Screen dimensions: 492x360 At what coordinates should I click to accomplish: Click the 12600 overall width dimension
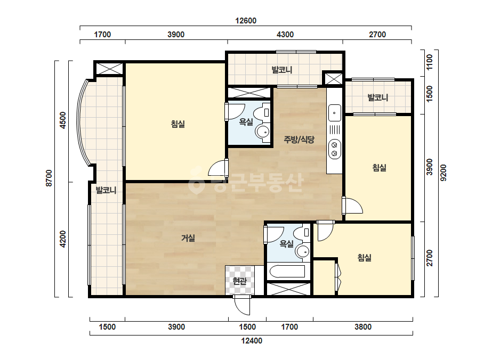246,21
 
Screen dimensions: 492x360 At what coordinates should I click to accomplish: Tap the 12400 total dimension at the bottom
252,341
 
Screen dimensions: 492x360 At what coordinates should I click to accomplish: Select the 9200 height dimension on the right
443,173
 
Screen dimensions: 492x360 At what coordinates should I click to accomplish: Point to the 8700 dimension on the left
49,178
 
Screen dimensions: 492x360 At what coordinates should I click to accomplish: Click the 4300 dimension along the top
285,35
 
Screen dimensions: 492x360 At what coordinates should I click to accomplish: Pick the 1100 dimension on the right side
430,62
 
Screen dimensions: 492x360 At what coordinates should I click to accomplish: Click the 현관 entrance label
240,281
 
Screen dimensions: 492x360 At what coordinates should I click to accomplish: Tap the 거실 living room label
188,238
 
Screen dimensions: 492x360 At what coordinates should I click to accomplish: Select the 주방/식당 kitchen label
299,139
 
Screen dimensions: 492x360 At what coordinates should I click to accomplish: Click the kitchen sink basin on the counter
334,112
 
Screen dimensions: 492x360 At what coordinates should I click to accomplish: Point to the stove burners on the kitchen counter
334,149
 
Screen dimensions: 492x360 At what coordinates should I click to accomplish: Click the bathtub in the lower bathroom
287,272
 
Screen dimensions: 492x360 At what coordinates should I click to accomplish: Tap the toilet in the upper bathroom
262,113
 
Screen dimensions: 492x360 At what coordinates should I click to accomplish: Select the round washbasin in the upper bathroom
262,132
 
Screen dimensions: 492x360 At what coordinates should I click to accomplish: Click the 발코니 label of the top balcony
282,70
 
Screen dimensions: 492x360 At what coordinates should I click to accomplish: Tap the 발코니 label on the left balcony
106,190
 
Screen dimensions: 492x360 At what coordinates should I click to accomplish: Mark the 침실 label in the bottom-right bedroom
365,258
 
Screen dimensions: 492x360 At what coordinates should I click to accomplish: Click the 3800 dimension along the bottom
363,327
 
